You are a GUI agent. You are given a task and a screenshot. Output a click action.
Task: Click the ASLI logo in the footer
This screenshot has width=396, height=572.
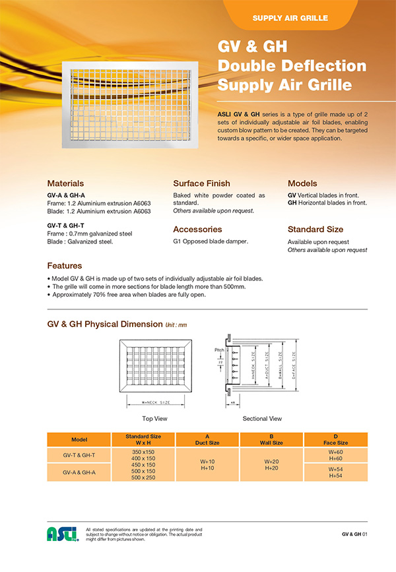pyautogui.click(x=63, y=534)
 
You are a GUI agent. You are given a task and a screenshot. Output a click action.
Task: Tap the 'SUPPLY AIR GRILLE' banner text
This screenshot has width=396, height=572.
pyautogui.click(x=290, y=18)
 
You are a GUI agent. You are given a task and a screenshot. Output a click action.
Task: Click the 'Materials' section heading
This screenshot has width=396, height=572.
pyautogui.click(x=65, y=183)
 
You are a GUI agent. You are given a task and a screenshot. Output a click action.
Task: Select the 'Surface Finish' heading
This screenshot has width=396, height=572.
pyautogui.click(x=201, y=183)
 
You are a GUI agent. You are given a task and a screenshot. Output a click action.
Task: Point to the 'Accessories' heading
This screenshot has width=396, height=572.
pyautogui.click(x=197, y=230)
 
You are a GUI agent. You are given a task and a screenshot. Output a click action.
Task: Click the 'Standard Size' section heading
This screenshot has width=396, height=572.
pyautogui.click(x=315, y=230)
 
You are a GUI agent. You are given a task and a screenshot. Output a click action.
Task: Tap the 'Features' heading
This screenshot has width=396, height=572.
pyautogui.click(x=64, y=265)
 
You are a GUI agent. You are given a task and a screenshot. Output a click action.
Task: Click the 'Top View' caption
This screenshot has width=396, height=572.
pyautogui.click(x=156, y=418)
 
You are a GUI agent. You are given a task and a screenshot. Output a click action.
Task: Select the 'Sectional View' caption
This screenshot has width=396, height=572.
pyautogui.click(x=262, y=418)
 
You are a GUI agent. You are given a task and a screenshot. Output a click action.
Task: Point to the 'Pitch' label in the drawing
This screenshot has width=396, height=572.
pyautogui.click(x=220, y=350)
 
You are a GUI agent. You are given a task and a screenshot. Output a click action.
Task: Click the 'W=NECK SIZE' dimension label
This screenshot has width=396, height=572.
pyautogui.click(x=156, y=402)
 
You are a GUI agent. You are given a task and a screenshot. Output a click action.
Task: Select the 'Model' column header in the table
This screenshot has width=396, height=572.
pyautogui.click(x=80, y=439)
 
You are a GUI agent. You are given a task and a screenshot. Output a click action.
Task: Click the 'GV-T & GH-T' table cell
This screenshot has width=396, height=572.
pyautogui.click(x=80, y=455)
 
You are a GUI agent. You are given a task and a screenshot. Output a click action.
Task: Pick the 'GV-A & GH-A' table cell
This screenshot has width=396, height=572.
pyautogui.click(x=80, y=472)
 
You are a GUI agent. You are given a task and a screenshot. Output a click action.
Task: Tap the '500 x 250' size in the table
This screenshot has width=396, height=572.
pyautogui.click(x=143, y=477)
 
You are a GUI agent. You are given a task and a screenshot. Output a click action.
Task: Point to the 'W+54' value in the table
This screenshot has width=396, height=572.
pyautogui.click(x=335, y=469)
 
